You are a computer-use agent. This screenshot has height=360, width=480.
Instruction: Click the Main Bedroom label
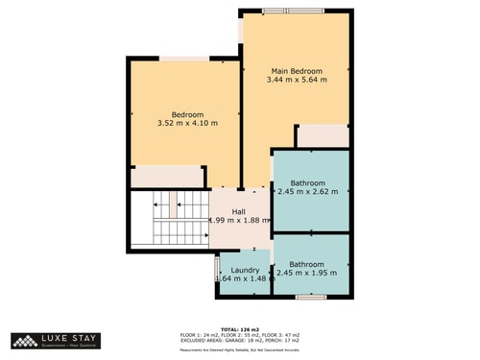coord(296,71)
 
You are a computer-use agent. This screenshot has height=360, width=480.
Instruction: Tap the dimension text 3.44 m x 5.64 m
coord(296,81)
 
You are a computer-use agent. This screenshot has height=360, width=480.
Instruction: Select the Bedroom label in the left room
coord(188,114)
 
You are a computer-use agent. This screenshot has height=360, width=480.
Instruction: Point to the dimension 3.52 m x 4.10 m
coord(188,124)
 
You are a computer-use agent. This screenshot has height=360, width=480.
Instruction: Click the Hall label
coord(238,211)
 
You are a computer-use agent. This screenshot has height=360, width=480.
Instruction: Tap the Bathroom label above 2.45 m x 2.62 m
coord(308,182)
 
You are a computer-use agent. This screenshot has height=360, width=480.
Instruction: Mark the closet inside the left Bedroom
coord(165,177)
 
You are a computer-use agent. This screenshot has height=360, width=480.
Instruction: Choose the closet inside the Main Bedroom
coord(322,136)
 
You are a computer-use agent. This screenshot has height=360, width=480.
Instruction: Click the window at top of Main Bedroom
coord(296,11)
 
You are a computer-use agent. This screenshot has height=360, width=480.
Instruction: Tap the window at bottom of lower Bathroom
coord(310,297)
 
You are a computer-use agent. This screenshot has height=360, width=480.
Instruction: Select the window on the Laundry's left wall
coord(217,268)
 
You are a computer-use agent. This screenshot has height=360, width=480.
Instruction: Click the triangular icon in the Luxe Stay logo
coord(23,340)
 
